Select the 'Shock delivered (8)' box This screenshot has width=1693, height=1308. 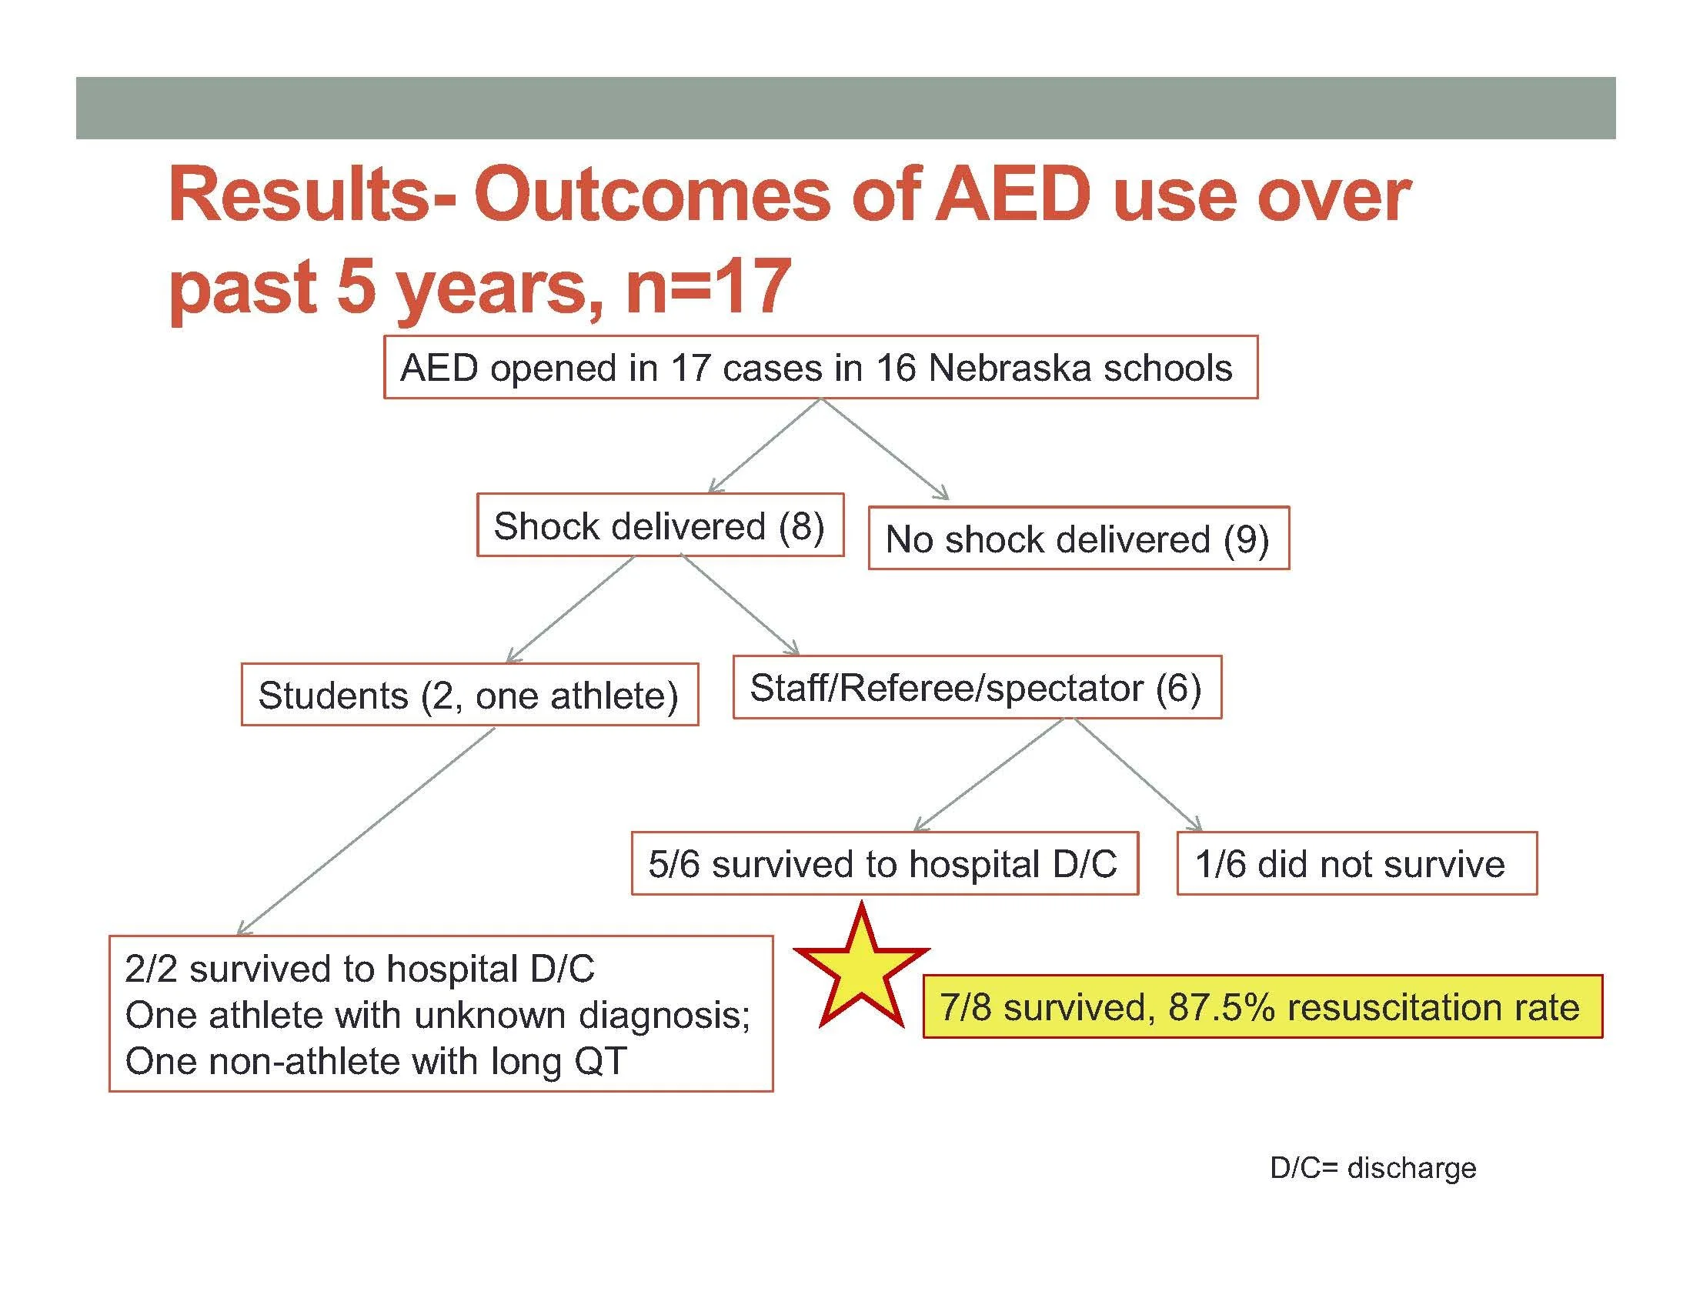coord(660,526)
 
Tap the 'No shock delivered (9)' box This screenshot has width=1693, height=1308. coord(1077,539)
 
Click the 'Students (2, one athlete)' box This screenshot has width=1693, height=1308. coord(469,695)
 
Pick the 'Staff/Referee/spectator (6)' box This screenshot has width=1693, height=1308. coord(976,688)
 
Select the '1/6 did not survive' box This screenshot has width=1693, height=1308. coord(1356,864)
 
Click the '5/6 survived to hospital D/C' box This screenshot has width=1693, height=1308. coord(883,864)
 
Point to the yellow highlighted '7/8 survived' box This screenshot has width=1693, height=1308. coord(1261,1006)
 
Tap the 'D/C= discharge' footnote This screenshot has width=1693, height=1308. coord(1372,1168)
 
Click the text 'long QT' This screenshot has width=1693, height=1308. coord(558,1061)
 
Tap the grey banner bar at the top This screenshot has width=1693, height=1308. coord(845,108)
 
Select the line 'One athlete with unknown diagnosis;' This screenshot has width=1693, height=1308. coord(438,1015)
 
